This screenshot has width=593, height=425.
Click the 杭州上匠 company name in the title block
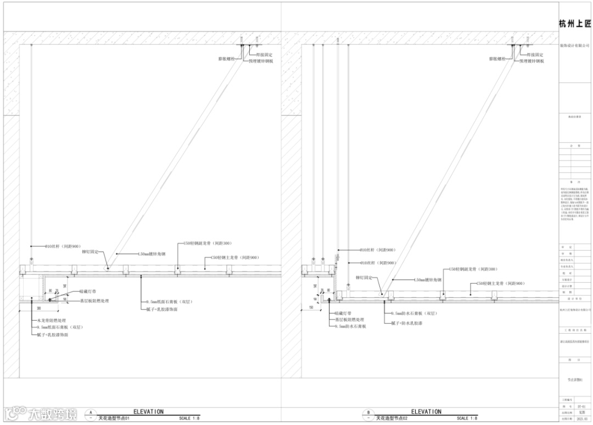(575, 24)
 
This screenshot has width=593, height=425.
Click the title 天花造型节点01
(115, 418)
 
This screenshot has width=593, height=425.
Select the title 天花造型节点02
(393, 418)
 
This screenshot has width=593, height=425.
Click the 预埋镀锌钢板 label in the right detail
(532, 61)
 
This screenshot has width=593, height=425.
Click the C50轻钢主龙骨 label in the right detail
(497, 283)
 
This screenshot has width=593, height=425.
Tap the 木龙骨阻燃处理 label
(52, 320)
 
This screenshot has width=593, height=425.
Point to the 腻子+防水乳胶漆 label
(406, 323)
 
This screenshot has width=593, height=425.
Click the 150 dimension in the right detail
(311, 307)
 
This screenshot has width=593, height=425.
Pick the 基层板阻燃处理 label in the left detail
(94, 301)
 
